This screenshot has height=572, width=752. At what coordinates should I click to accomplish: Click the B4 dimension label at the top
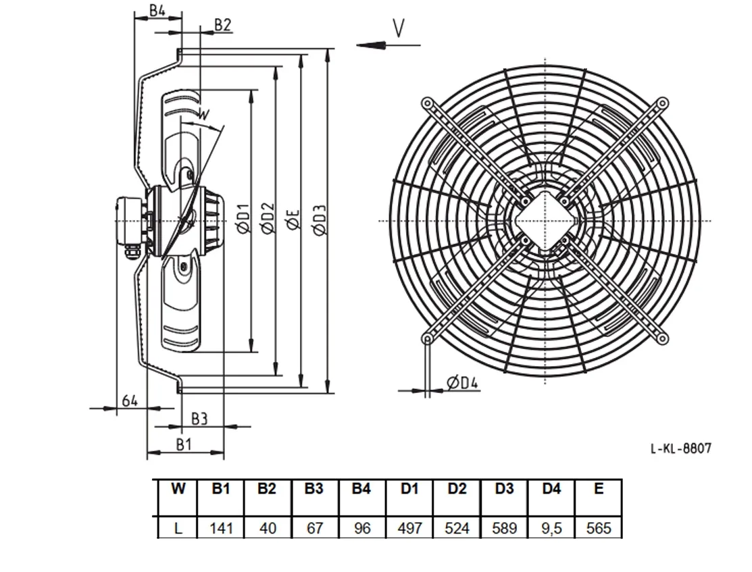tap(157, 10)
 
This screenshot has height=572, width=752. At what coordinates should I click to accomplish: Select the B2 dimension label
tap(222, 25)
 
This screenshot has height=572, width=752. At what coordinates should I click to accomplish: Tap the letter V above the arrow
tap(399, 28)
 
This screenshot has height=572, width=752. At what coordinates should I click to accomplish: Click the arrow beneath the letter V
tap(388, 45)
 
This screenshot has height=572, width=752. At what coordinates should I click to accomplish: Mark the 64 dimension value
tap(130, 400)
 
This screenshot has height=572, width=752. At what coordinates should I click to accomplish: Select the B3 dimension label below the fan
tap(199, 419)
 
